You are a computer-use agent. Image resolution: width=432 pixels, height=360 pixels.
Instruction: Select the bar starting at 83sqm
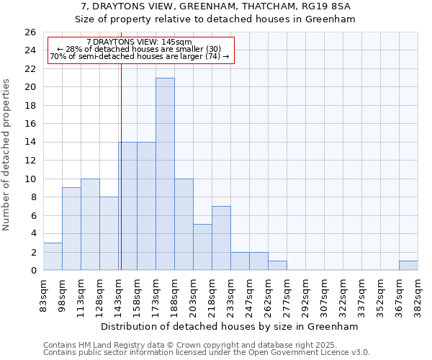(53, 256)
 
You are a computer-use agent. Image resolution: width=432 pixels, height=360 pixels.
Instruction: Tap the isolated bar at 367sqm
(408, 266)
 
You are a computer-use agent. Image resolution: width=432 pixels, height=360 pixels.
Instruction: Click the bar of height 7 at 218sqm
(221, 238)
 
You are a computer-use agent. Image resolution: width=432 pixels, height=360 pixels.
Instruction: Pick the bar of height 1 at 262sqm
(277, 266)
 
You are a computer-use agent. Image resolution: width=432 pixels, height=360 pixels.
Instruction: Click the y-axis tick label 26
(30, 32)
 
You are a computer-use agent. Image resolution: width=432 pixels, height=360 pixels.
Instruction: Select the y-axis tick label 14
(30, 143)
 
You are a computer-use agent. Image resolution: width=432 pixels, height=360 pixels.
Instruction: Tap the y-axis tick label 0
(32, 271)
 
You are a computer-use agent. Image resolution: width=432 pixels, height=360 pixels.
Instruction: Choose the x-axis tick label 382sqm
(419, 294)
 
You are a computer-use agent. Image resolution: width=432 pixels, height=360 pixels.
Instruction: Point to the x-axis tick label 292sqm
(306, 294)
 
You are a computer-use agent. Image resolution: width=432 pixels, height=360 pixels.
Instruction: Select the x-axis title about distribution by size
(230, 326)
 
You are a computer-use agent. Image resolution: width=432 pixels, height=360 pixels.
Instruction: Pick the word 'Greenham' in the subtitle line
(331, 19)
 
